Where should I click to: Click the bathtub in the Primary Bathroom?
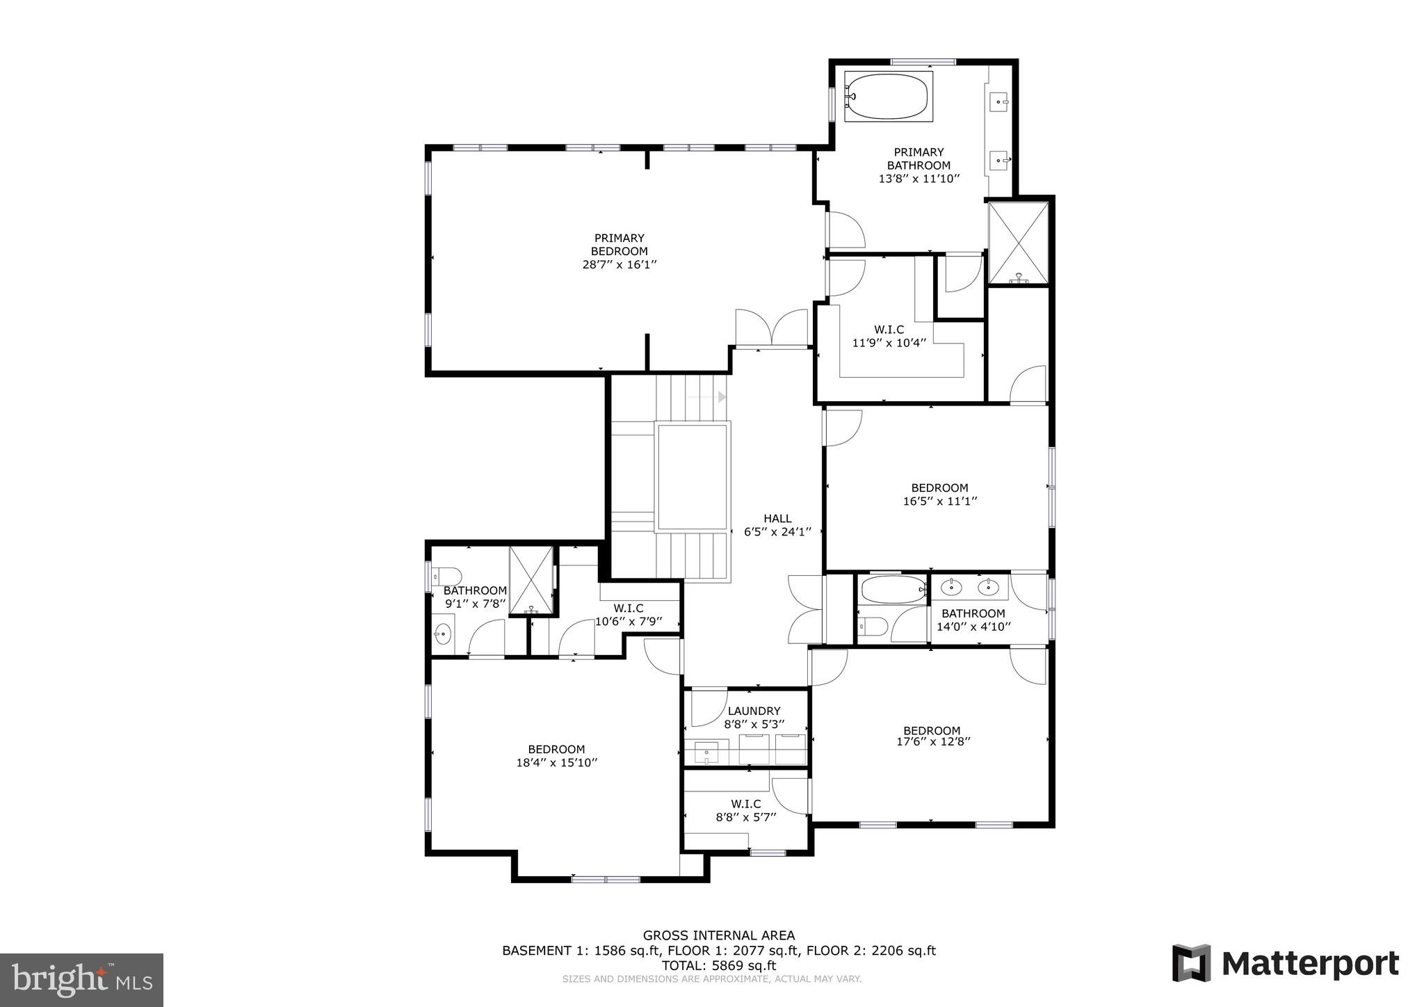pyautogui.click(x=888, y=97)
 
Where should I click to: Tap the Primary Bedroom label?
pyautogui.click(x=619, y=245)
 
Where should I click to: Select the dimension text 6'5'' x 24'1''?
pyautogui.click(x=777, y=531)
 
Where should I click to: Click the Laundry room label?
pyautogui.click(x=754, y=711)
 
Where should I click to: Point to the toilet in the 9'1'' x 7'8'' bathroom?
pyautogui.click(x=446, y=576)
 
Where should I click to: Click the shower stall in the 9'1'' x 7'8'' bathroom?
pyautogui.click(x=532, y=581)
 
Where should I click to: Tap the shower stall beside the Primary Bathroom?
pyautogui.click(x=1018, y=243)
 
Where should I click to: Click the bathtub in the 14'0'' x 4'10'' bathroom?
pyautogui.click(x=893, y=590)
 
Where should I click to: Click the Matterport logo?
pyautogui.click(x=1285, y=964)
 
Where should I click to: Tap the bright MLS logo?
pyautogui.click(x=81, y=980)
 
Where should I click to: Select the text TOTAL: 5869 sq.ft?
pyautogui.click(x=718, y=965)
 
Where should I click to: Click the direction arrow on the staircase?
pyautogui.click(x=722, y=397)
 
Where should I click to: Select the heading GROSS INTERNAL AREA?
pyautogui.click(x=718, y=935)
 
